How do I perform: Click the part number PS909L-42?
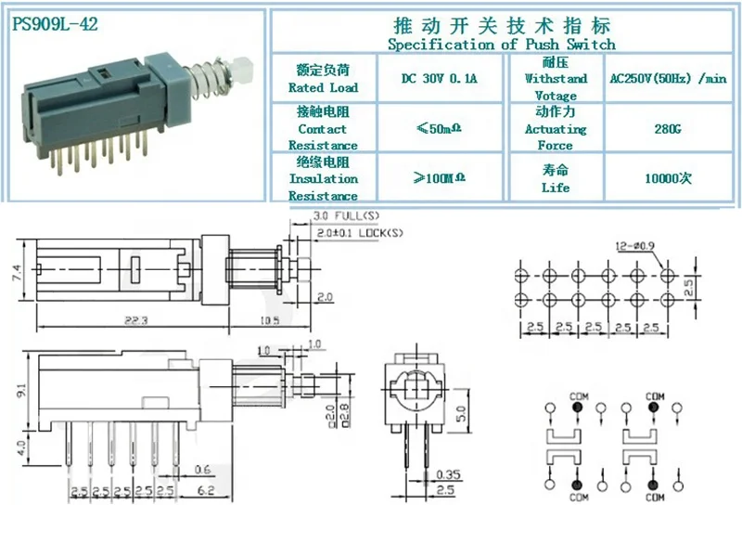tap(52, 25)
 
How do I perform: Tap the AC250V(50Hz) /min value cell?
tap(662, 80)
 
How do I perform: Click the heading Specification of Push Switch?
tap(501, 44)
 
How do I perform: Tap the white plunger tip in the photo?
tap(244, 68)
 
